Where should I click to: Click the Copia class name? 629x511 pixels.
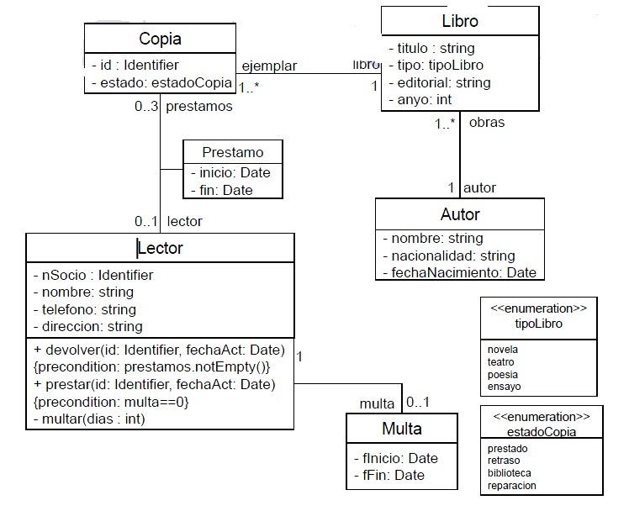point(160,39)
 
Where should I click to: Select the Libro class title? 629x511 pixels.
point(460,21)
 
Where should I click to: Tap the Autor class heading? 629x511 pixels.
point(460,214)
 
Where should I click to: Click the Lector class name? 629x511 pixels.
point(160,248)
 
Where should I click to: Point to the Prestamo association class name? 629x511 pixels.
point(233,152)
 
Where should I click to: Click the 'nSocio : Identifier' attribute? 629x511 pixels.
point(92,275)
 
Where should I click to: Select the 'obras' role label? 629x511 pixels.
point(486,122)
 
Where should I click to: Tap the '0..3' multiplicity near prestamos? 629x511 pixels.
point(146,107)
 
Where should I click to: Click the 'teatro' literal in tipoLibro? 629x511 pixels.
point(501,361)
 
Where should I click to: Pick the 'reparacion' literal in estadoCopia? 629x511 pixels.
point(511,485)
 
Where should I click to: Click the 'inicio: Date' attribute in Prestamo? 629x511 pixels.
point(230,172)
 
